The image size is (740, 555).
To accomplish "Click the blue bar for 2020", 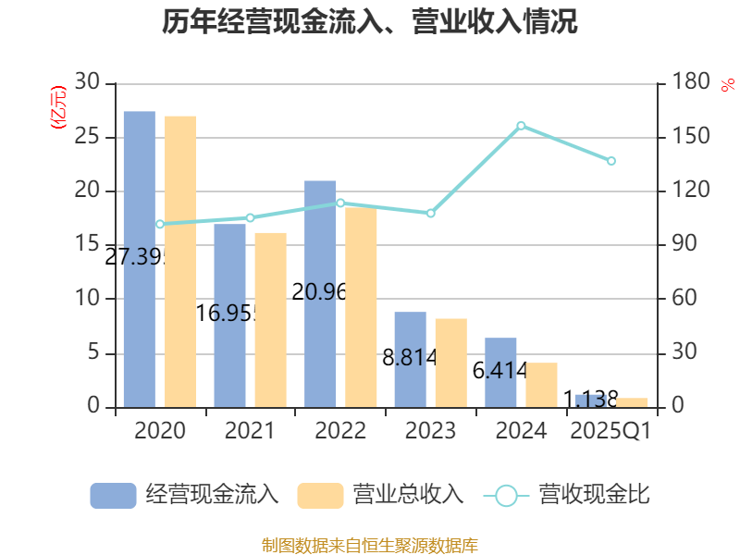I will [x=139, y=259].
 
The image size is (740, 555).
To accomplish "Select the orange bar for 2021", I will [x=271, y=319].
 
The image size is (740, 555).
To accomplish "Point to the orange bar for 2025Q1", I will [x=632, y=401].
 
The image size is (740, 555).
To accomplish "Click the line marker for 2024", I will [x=521, y=125].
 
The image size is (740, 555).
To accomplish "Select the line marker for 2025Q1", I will [x=611, y=161].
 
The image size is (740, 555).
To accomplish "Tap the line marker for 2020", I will [x=159, y=224].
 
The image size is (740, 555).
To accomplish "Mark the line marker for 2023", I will [x=430, y=214].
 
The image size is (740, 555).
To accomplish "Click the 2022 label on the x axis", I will [x=339, y=431].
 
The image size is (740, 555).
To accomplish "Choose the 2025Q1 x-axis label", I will [x=610, y=431].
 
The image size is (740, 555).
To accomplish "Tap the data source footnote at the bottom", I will [x=370, y=545].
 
